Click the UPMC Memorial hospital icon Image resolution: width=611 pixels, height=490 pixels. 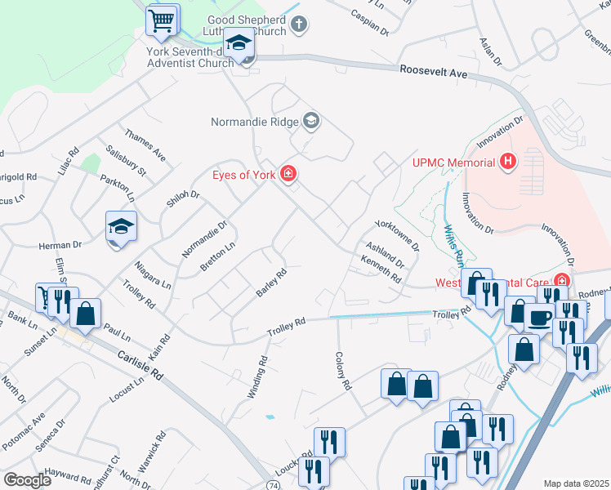508,162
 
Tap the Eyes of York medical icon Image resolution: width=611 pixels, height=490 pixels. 288,173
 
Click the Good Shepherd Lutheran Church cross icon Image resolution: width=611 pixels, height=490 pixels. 299,23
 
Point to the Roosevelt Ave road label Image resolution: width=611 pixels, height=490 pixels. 433,73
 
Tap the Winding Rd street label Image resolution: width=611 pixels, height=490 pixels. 256,376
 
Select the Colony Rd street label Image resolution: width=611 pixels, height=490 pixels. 342,371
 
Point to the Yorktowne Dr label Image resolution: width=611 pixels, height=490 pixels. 396,234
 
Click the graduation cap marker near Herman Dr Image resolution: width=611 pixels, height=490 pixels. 121,228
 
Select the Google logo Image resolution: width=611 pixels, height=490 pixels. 28,479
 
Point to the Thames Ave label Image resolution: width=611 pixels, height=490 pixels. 145,144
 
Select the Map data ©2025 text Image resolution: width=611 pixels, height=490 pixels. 576,483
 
